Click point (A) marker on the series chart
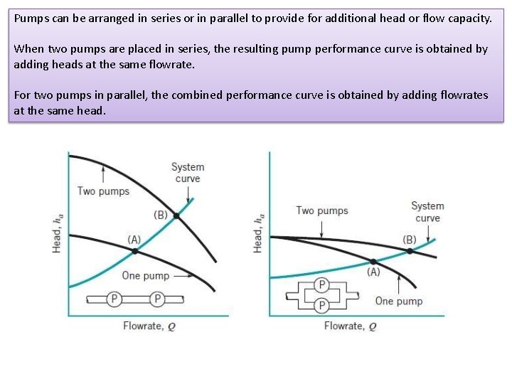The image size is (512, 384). coord(135,251)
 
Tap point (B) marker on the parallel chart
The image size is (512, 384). coord(410,251)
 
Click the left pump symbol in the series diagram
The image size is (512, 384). coord(113,299)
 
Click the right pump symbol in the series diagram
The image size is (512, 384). coord(158,299)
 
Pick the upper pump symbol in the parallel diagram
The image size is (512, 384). coord(322,285)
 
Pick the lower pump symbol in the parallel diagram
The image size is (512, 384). coord(322,305)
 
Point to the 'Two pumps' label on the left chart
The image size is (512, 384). coord(103,191)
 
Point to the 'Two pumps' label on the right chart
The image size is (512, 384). coord(322,210)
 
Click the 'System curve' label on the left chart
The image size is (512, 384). coord(188,173)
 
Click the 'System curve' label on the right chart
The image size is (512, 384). coord(427,212)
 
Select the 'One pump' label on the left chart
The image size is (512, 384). coord(146,276)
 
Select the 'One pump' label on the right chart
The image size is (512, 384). coord(399,301)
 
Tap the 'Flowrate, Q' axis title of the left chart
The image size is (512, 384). coord(150,326)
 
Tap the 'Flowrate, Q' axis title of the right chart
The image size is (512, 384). coord(350,326)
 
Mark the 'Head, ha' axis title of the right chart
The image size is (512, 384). coord(258,232)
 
